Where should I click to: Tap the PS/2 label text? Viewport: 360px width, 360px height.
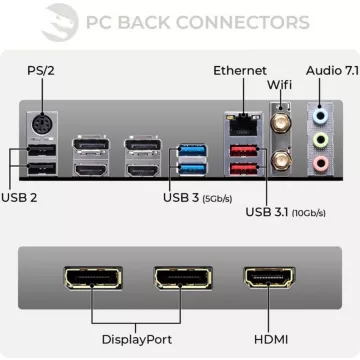(x=41, y=72)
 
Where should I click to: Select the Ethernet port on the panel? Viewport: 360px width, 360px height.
(x=241, y=124)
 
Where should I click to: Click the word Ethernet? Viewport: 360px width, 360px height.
(x=240, y=71)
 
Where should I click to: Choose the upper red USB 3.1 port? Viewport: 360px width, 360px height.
(x=241, y=152)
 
